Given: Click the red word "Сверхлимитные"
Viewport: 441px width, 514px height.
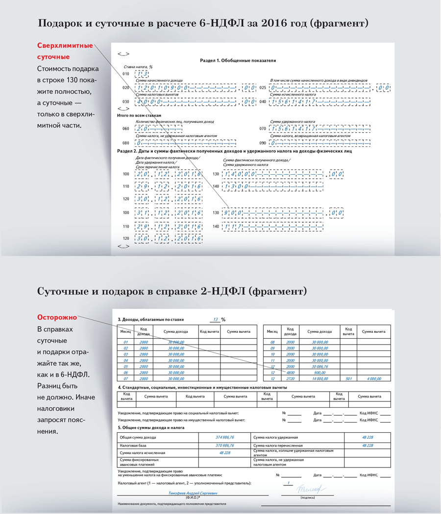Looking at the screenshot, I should [x=65, y=46].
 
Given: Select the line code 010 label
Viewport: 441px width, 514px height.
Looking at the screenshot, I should [x=126, y=74].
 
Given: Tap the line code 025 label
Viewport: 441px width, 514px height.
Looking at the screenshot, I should [x=263, y=88].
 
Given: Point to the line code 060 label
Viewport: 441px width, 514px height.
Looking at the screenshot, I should [x=126, y=129].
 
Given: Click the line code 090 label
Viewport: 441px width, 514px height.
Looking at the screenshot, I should [x=263, y=143].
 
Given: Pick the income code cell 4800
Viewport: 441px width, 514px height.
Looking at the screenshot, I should [x=291, y=372].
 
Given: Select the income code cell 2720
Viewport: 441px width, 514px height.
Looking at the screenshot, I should [x=291, y=378].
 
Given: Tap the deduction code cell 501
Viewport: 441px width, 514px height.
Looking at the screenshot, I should [x=348, y=378].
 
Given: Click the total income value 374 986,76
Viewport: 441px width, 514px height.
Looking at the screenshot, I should [x=224, y=437].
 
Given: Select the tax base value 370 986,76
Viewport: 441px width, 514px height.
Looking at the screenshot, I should [x=224, y=445].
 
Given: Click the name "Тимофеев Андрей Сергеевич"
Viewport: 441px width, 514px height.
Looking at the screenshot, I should [x=193, y=493].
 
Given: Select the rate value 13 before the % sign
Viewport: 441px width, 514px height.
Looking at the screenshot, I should [x=214, y=319].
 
